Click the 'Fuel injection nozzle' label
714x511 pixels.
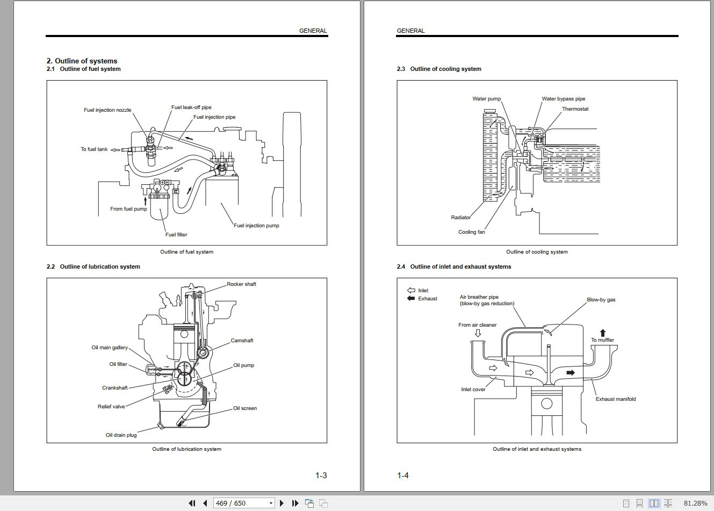[107, 110]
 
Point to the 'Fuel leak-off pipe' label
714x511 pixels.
[191, 107]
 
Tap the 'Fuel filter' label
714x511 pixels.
[176, 235]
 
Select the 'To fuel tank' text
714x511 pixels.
[94, 149]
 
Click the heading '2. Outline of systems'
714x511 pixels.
[82, 61]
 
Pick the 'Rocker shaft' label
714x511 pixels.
[241, 284]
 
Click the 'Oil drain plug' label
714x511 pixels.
[121, 435]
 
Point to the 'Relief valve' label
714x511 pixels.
[111, 407]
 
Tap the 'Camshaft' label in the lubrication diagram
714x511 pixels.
[242, 341]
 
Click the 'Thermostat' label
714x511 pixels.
[575, 109]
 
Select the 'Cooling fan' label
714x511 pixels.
[471, 232]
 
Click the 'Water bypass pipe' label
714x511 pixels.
[563, 99]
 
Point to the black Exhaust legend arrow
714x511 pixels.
[411, 299]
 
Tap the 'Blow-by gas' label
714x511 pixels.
[601, 300]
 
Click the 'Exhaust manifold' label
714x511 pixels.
[615, 399]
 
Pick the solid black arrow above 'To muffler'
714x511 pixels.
[602, 333]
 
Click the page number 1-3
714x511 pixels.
[321, 476]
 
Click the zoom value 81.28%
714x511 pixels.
[695, 503]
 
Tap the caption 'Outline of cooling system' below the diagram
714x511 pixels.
[536, 252]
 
